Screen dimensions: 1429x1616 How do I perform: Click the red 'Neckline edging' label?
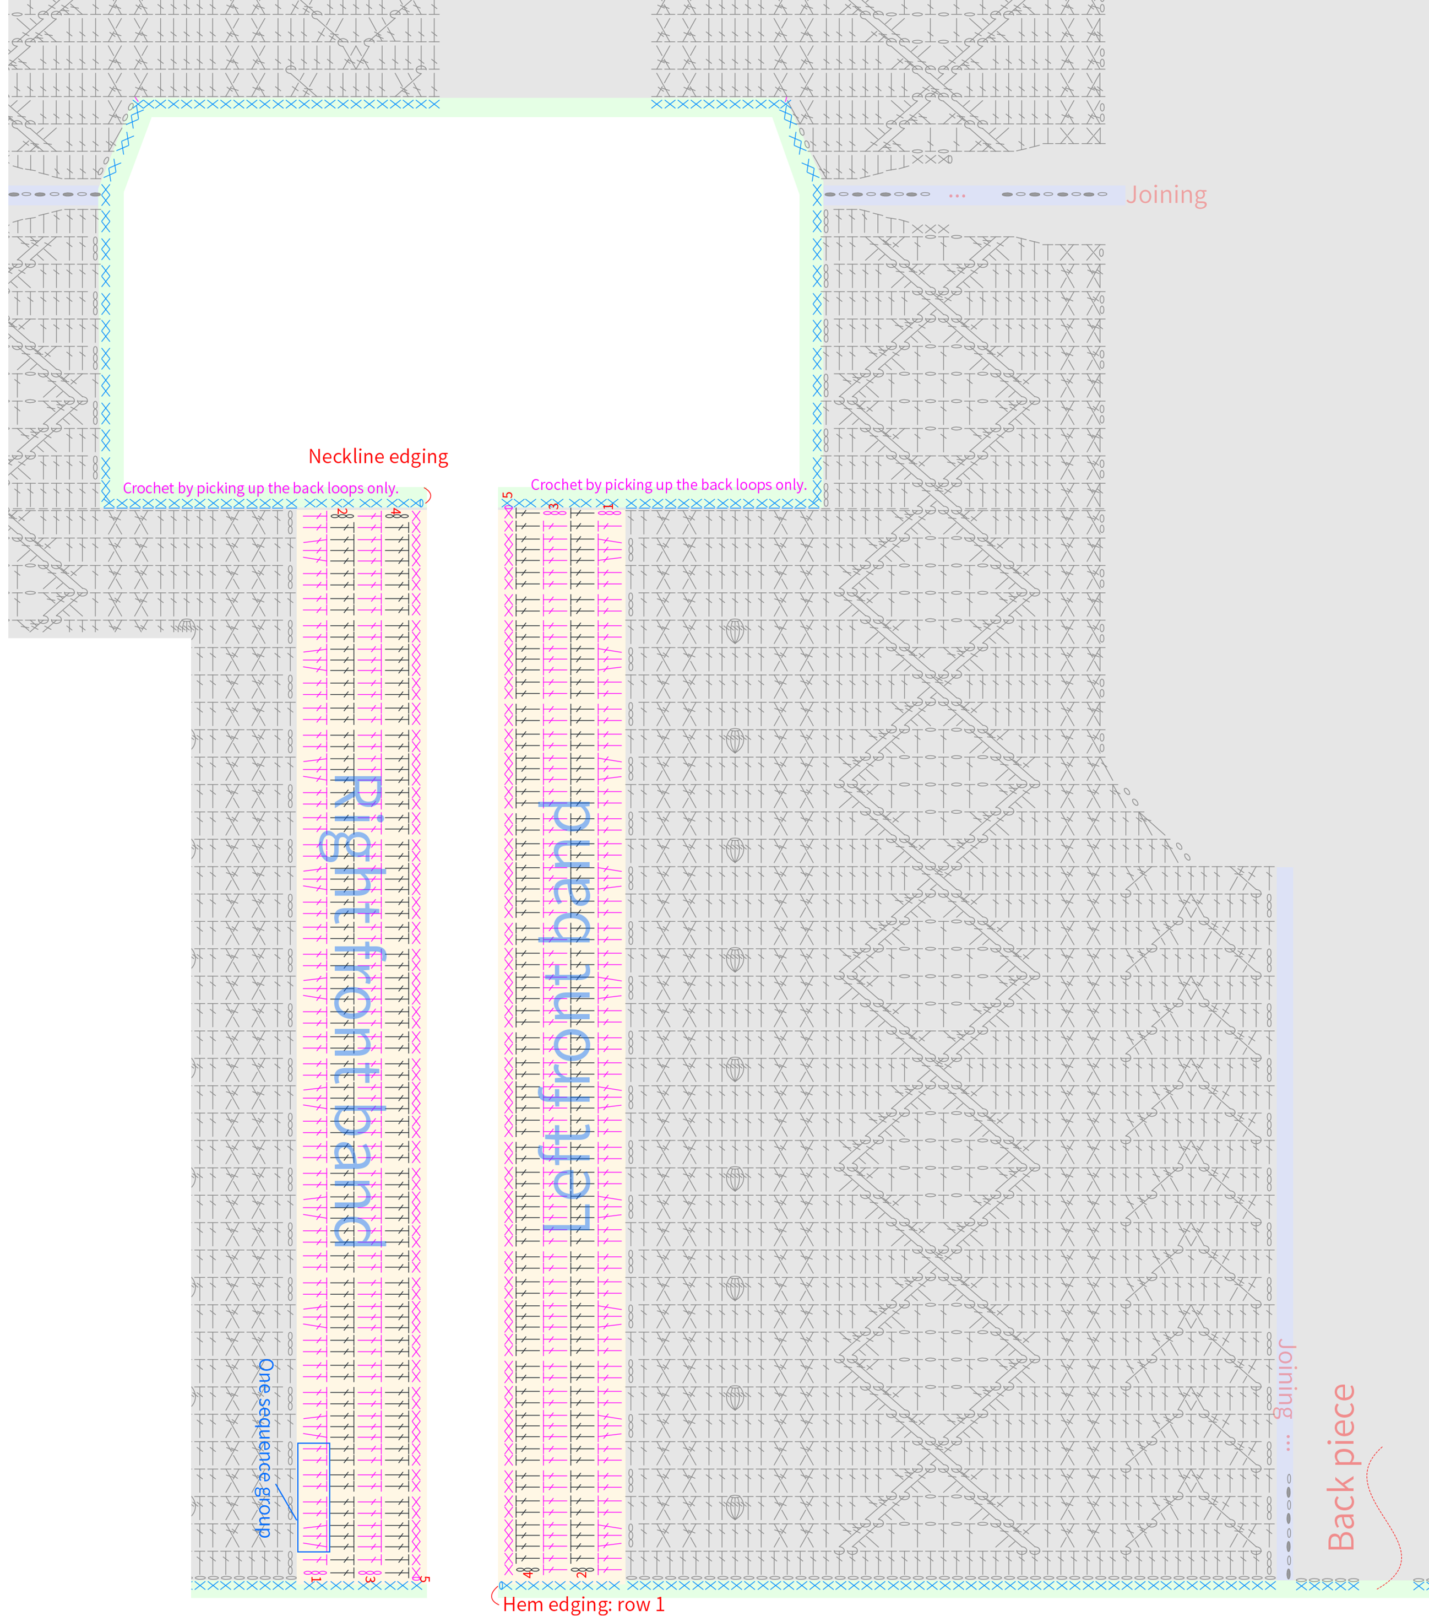click(378, 457)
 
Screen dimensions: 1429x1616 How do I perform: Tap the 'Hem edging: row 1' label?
click(583, 1604)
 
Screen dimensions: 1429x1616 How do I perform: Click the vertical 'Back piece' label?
click(1341, 1467)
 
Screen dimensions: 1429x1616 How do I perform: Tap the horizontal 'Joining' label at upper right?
click(1166, 194)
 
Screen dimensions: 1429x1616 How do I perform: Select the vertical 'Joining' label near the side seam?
click(1286, 1380)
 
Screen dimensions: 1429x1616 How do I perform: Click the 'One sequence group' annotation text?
click(265, 1449)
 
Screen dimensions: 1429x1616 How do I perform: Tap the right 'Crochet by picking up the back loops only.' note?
click(668, 485)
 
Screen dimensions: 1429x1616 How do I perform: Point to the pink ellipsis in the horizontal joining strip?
click(957, 195)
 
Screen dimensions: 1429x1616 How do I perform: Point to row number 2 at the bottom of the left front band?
click(581, 1574)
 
